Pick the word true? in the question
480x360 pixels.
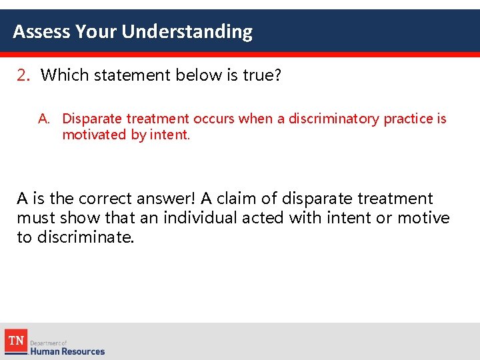click(262, 75)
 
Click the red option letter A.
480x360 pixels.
click(44, 119)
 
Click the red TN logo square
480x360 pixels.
click(16, 341)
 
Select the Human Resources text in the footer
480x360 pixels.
click(67, 351)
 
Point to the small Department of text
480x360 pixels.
click(49, 343)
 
